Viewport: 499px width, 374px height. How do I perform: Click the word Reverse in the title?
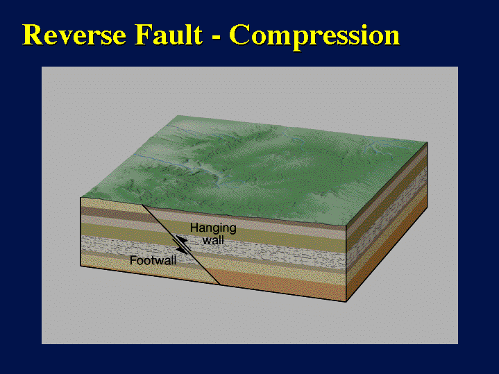click(x=74, y=35)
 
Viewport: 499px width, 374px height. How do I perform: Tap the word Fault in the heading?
click(x=169, y=35)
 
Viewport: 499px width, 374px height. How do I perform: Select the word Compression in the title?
click(x=314, y=37)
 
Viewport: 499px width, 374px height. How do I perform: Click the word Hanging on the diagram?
click(x=213, y=228)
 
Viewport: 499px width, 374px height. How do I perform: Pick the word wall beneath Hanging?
click(x=213, y=240)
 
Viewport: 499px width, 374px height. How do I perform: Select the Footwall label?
click(x=153, y=260)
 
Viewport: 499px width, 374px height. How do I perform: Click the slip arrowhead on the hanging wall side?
click(x=180, y=239)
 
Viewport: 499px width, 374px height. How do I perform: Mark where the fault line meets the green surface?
click(x=142, y=205)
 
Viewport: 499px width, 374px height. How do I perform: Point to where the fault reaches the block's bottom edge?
click(x=220, y=284)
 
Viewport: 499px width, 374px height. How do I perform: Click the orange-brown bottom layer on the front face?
click(x=280, y=283)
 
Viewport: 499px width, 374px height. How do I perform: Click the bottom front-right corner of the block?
click(x=346, y=301)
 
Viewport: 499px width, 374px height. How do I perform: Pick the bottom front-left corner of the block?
click(x=81, y=266)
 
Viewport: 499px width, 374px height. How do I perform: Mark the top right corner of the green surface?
click(x=427, y=142)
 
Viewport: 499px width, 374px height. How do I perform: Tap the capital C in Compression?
click(x=239, y=35)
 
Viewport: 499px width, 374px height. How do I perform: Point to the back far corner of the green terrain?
click(x=179, y=116)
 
